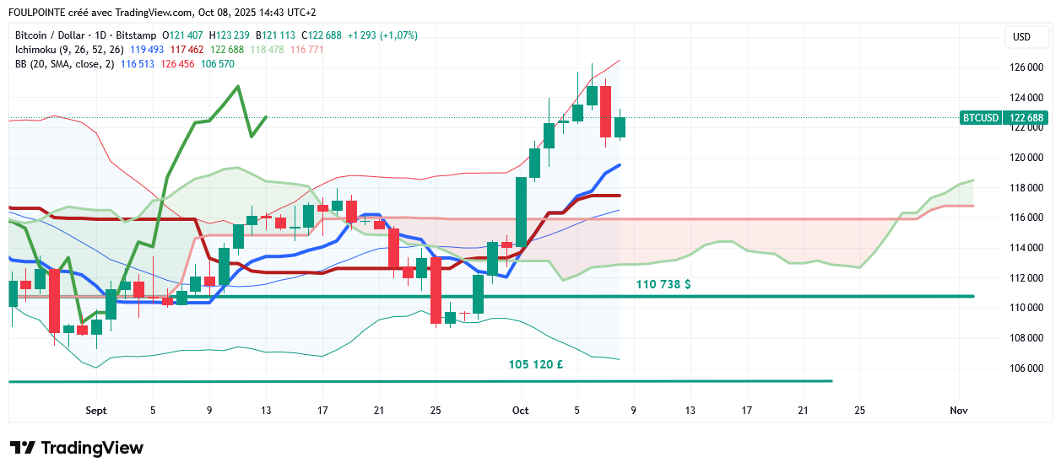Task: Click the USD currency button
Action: coord(1021,37)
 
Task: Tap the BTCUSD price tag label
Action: coord(980,118)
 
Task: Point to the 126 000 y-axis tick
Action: coord(1023,67)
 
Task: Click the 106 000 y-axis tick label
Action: coord(1023,368)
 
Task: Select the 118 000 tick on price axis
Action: coord(1023,188)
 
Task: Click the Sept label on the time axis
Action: coord(96,411)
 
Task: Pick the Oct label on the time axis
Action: coord(521,411)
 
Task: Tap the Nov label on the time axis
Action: coord(958,411)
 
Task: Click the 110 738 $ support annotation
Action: coord(663,285)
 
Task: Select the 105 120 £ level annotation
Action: coord(536,365)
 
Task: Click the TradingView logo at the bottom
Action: coord(77,448)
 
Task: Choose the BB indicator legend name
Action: coord(22,64)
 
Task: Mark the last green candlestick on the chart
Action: coord(620,127)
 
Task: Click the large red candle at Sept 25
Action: coord(436,290)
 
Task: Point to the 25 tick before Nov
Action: coord(859,411)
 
